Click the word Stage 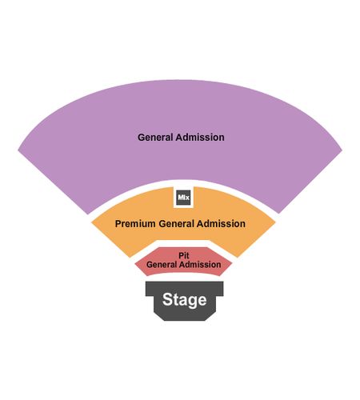point(184,300)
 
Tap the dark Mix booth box point(183,198)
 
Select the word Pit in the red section point(184,255)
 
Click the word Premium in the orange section point(135,223)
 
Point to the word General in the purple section point(155,138)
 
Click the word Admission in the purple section point(200,138)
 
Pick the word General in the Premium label point(176,223)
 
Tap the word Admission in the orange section point(221,223)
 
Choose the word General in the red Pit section point(162,265)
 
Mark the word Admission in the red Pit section point(200,265)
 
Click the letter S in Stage point(167,299)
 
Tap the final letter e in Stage point(202,301)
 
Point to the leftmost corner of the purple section point(18,150)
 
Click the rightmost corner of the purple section point(342,150)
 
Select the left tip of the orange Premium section point(91,222)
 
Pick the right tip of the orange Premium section point(275,222)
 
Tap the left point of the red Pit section point(134,265)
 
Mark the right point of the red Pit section point(232,264)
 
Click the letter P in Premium point(118,223)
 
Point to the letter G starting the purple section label point(141,138)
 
